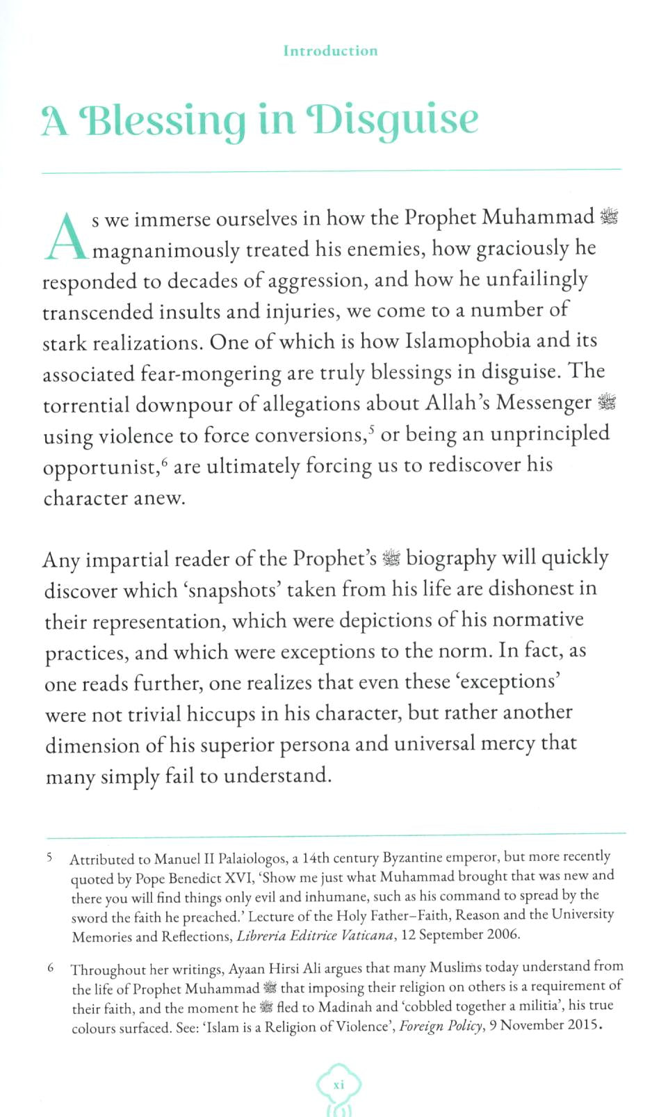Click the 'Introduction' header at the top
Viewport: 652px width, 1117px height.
pos(330,51)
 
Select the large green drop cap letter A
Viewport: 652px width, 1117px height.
pos(66,236)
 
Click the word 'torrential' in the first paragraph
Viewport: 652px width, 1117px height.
pos(86,405)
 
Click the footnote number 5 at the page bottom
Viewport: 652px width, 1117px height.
pos(50,857)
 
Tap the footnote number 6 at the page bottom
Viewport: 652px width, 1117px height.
pos(50,967)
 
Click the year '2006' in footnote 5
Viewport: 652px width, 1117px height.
pos(502,934)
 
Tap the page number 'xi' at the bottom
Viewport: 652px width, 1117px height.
pos(339,1085)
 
